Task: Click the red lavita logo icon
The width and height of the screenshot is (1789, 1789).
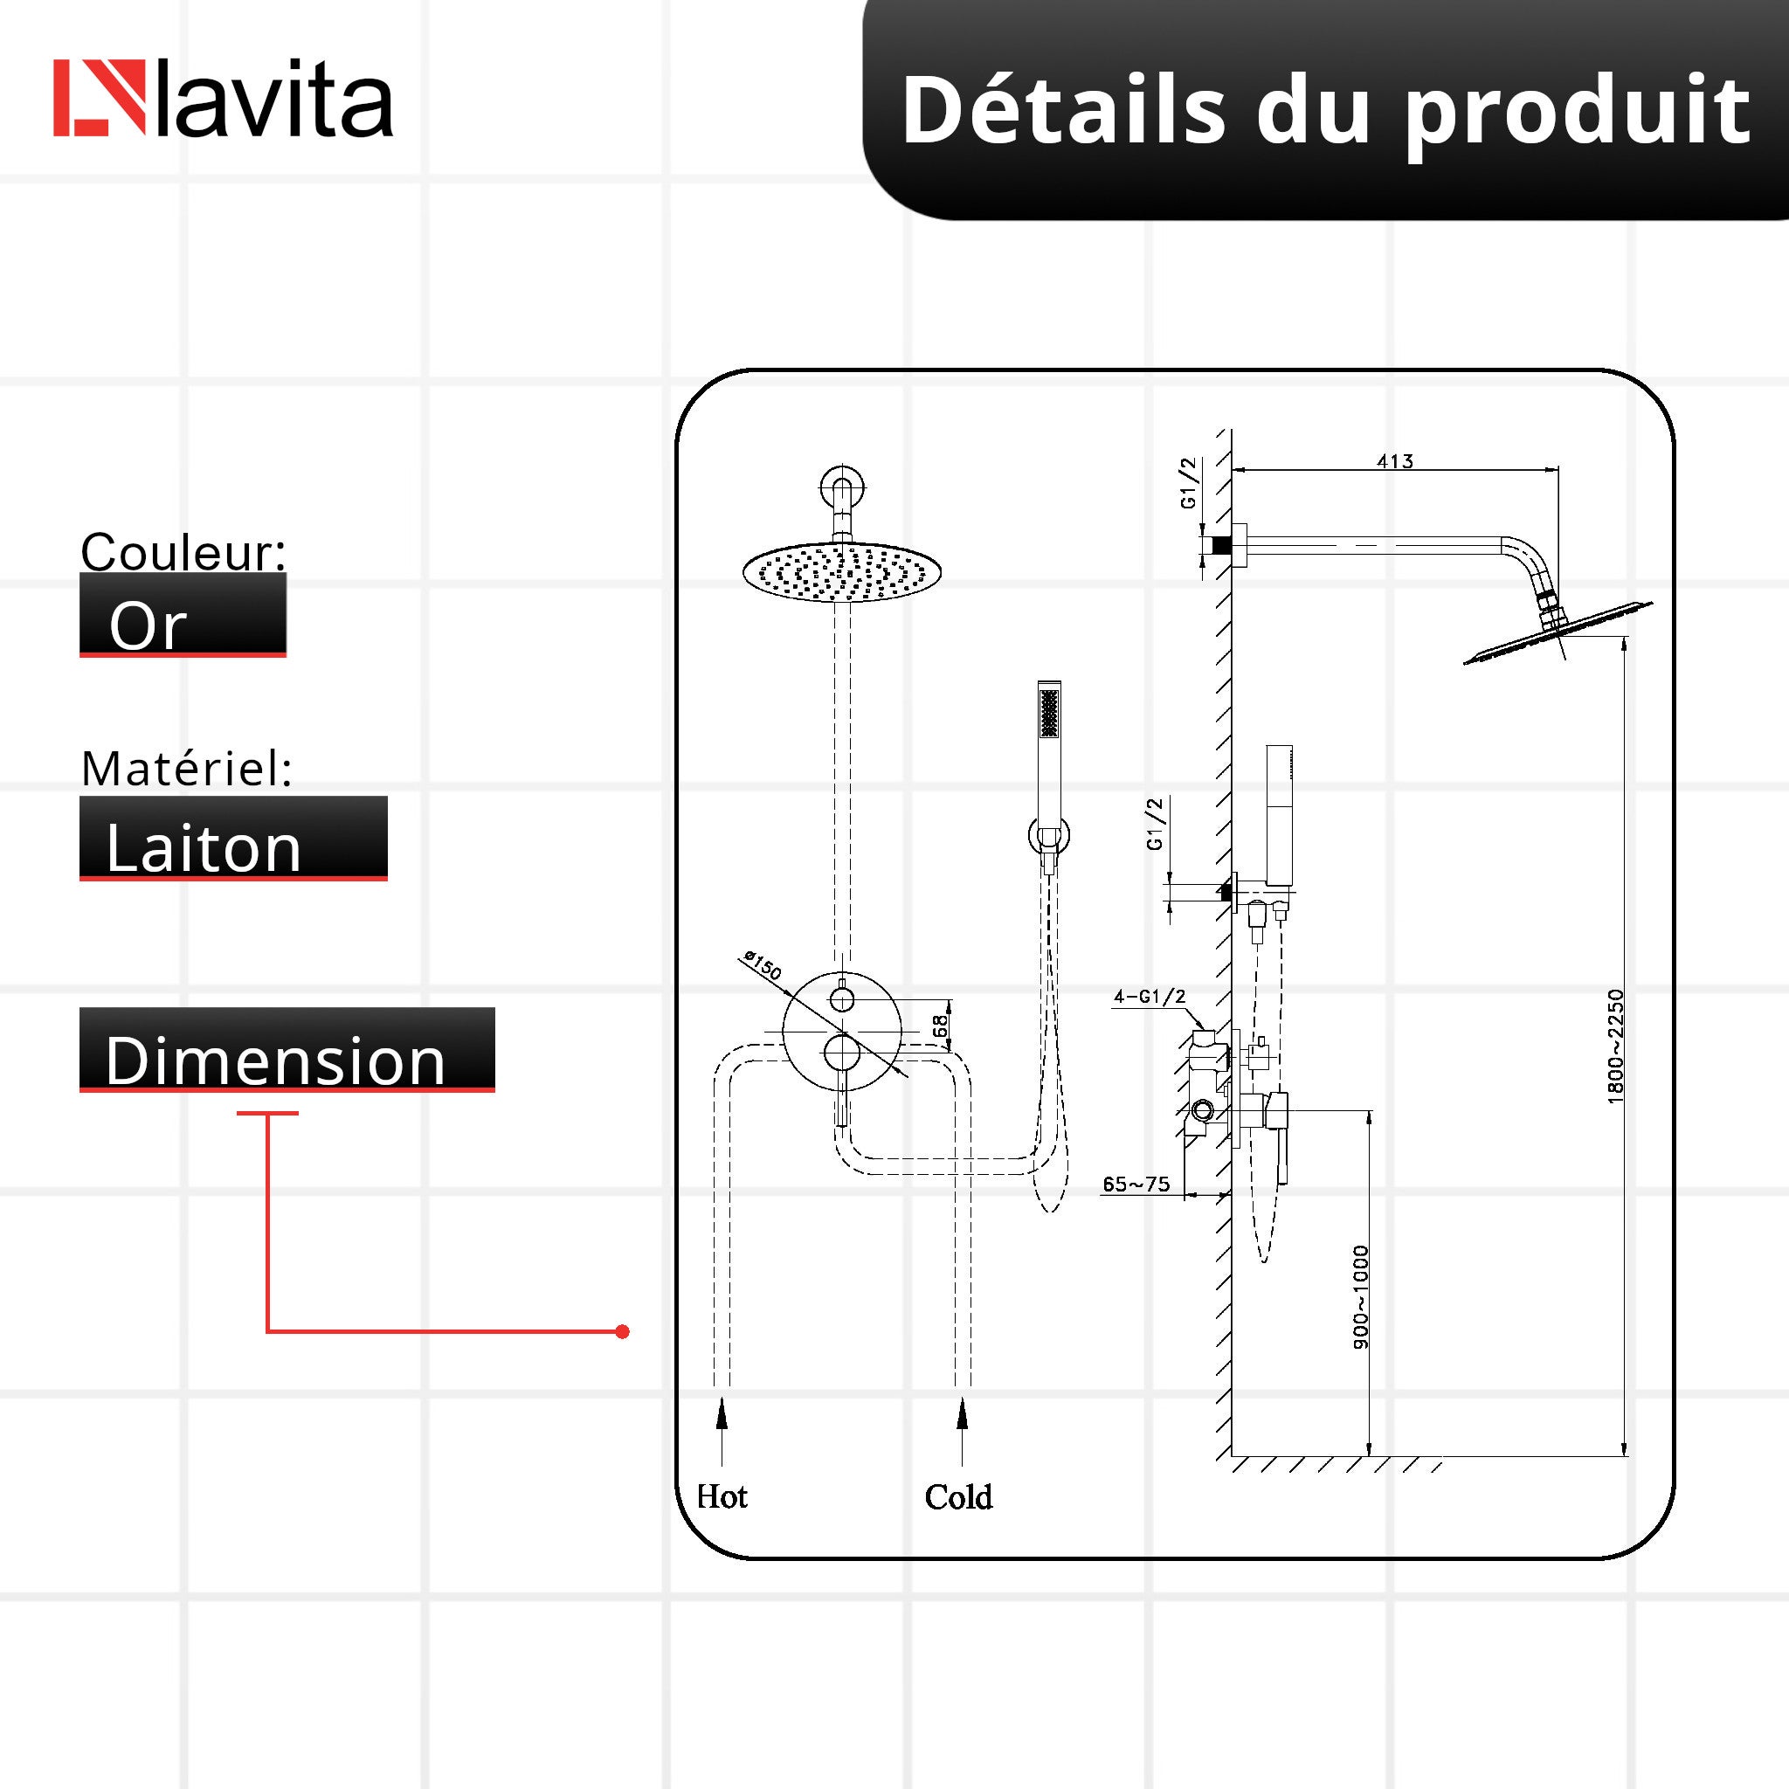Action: pyautogui.click(x=99, y=98)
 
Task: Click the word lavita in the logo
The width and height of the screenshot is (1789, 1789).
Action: pyautogui.click(x=275, y=100)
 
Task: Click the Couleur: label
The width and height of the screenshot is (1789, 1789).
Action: pyautogui.click(x=183, y=552)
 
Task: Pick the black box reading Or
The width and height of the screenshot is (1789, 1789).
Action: pyautogui.click(x=183, y=616)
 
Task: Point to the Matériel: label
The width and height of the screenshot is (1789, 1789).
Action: pyautogui.click(x=187, y=769)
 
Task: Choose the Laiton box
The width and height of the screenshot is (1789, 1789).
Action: pyautogui.click(x=232, y=839)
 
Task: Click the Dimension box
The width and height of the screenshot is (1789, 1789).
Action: pyautogui.click(x=287, y=1050)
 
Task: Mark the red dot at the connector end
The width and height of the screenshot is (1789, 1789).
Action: pyautogui.click(x=622, y=1331)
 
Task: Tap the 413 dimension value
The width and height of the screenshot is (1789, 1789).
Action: pyautogui.click(x=1394, y=461)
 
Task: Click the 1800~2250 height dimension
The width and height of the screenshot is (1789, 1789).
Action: pyautogui.click(x=1615, y=1046)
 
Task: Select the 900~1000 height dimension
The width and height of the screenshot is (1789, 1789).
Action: pyautogui.click(x=1360, y=1297)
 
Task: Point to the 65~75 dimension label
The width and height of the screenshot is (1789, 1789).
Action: pyautogui.click(x=1136, y=1185)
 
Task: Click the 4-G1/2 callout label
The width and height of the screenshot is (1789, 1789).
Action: pyautogui.click(x=1150, y=998)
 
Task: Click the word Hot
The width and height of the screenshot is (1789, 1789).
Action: pyautogui.click(x=722, y=1497)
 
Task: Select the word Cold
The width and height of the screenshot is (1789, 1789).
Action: pyautogui.click(x=958, y=1497)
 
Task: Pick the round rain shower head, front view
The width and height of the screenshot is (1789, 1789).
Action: pyautogui.click(x=842, y=571)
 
